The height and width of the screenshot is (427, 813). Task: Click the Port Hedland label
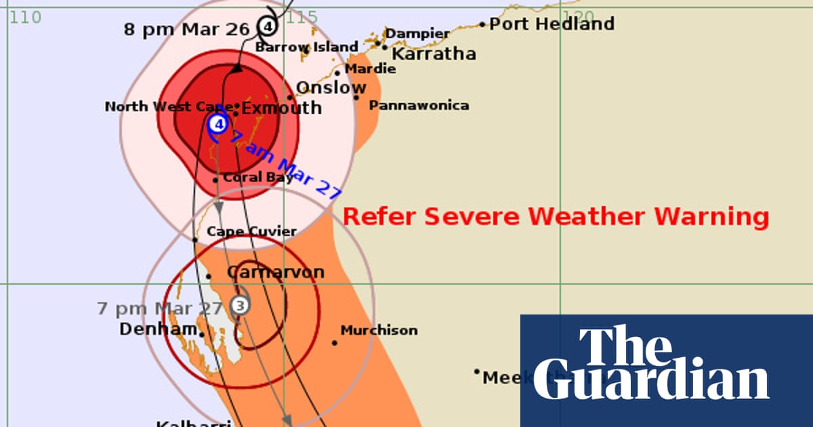[551, 24]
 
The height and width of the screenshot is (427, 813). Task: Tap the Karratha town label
[434, 54]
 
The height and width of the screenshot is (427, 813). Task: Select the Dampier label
[417, 33]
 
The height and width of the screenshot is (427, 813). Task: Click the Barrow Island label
[306, 47]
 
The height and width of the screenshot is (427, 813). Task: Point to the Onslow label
[331, 87]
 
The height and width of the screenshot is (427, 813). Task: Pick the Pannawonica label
[419, 106]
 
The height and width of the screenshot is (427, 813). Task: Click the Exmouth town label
[281, 108]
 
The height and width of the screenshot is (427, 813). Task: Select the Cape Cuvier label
[251, 232]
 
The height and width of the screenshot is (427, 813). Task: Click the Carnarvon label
[275, 272]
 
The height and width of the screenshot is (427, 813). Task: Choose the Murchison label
[379, 331]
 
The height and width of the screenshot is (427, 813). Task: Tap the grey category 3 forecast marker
[238, 305]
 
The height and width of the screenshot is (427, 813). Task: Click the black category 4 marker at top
[268, 26]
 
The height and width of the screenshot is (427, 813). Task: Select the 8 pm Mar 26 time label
[186, 29]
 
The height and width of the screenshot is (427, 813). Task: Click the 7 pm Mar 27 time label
[160, 308]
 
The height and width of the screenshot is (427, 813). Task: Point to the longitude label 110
[26, 17]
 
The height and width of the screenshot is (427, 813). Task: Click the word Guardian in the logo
[650, 383]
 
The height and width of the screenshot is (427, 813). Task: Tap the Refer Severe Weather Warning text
[556, 217]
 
